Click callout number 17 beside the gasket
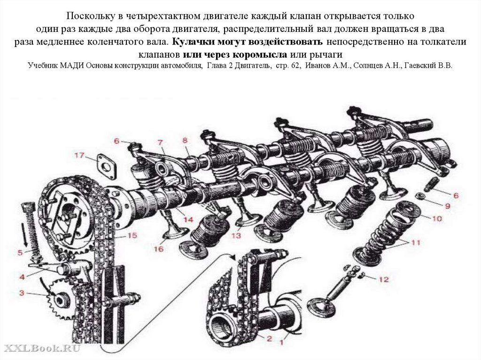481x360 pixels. pyautogui.click(x=78, y=155)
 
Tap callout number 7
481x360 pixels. pyautogui.click(x=160, y=142)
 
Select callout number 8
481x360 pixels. pyautogui.click(x=185, y=140)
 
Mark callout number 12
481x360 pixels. pyautogui.click(x=384, y=280)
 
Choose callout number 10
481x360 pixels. pyautogui.click(x=436, y=218)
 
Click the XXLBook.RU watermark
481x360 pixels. pyautogui.click(x=42, y=348)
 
